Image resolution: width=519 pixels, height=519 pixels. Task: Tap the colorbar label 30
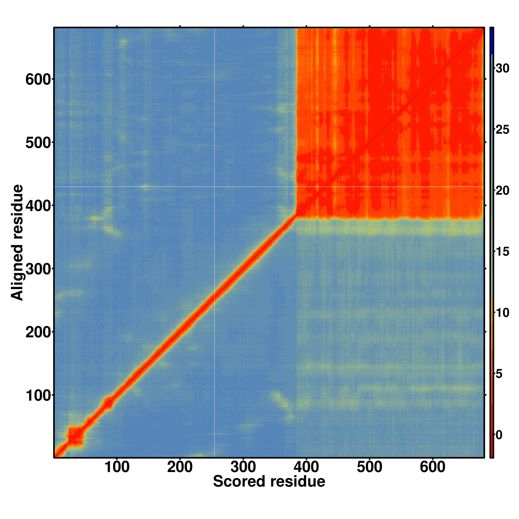502,69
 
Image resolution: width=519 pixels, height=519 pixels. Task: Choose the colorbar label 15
502,252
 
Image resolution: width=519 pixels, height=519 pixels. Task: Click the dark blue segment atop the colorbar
491,41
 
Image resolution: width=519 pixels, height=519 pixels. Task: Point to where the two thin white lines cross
214,186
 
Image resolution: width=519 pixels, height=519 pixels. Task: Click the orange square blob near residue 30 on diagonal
75,437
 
